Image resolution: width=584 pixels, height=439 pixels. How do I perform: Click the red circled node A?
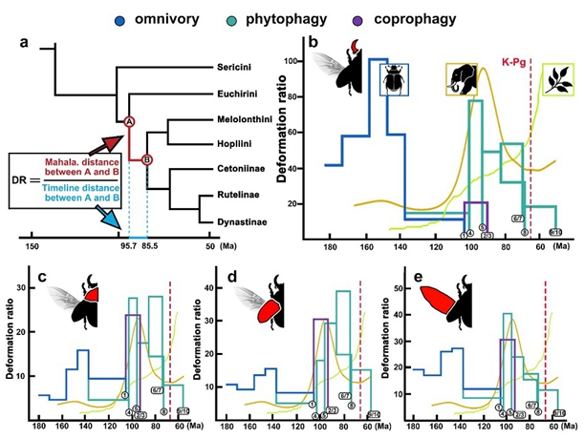point(128,121)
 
